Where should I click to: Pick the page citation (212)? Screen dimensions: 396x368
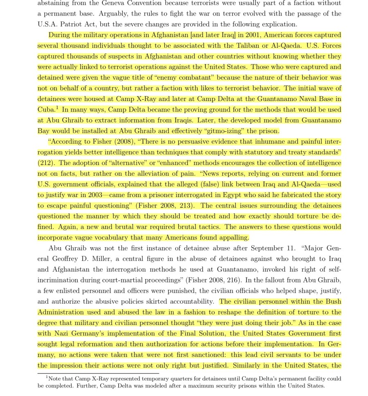pos(45,163)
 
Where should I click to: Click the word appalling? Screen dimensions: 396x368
pos(231,237)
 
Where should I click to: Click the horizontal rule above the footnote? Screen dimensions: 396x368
pos(98,373)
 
